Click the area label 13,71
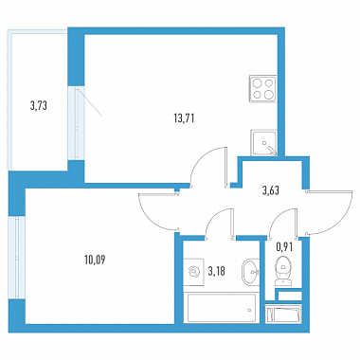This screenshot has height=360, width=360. (184, 118)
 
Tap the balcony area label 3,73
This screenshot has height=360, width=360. (39, 105)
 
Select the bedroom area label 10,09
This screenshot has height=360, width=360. (95, 261)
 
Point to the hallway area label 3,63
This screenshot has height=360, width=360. (271, 190)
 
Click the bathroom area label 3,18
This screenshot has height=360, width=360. (217, 271)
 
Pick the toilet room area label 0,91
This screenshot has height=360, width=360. (284, 247)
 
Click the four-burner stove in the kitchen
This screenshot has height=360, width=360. (262, 89)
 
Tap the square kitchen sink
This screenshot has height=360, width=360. (264, 142)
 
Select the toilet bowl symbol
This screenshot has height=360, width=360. (284, 271)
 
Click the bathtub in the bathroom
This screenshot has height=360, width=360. (222, 308)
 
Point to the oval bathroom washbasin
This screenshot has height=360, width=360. (250, 271)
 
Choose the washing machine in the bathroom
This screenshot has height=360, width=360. (195, 272)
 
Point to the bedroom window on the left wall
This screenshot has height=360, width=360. (17, 258)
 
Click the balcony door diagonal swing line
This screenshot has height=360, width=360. (89, 103)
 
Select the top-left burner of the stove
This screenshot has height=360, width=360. (257, 83)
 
